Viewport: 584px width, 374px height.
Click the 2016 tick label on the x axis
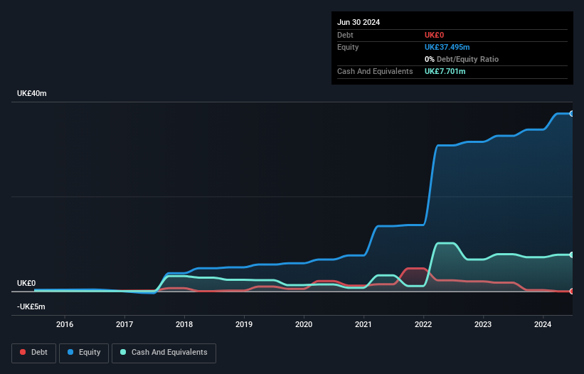point(65,325)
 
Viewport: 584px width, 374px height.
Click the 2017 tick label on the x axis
point(124,325)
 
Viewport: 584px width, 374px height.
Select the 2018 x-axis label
point(184,325)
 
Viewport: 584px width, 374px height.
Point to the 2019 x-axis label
point(244,325)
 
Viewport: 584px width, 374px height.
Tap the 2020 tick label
point(304,325)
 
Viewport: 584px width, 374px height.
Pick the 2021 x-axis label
point(363,325)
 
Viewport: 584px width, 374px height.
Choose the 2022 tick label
point(423,325)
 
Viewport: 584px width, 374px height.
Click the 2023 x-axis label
point(483,325)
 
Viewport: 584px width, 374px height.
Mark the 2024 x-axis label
point(543,325)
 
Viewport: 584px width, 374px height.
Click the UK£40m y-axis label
point(31,94)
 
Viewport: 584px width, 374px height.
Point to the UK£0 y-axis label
point(26,283)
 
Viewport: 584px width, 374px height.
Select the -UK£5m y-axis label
point(31,306)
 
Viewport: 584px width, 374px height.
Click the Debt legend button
point(33,353)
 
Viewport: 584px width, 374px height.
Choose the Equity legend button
point(84,353)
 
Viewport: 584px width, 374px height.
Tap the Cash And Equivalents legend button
point(164,353)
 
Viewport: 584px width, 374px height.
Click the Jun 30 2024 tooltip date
point(359,22)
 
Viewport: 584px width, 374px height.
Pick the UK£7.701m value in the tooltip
point(445,71)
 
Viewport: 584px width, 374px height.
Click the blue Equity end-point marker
point(571,114)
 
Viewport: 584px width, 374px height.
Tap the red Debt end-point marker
point(571,291)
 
